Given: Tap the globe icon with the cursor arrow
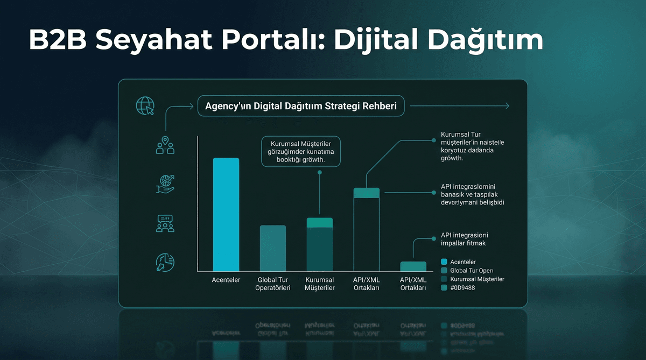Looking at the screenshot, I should tap(145, 107).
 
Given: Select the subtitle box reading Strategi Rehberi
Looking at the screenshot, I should tap(301, 107).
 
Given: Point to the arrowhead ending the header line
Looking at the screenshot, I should tap(505, 107).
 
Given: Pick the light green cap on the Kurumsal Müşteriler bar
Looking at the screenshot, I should tap(320, 223).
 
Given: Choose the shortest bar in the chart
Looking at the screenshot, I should tap(413, 266).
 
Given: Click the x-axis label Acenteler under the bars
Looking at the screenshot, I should tap(226, 280).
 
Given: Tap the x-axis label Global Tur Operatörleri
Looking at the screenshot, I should tap(273, 284).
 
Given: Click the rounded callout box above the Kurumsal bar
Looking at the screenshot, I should tap(300, 152).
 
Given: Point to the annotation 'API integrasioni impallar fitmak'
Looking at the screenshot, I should tap(465, 239).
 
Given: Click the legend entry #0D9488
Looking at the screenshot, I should tap(462, 288).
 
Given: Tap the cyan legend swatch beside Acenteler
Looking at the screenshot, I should tap(444, 262).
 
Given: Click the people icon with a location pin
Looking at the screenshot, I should tap(165, 146).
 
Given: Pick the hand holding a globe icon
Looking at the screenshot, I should tap(165, 184).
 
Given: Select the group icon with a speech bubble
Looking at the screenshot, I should tap(165, 223).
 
